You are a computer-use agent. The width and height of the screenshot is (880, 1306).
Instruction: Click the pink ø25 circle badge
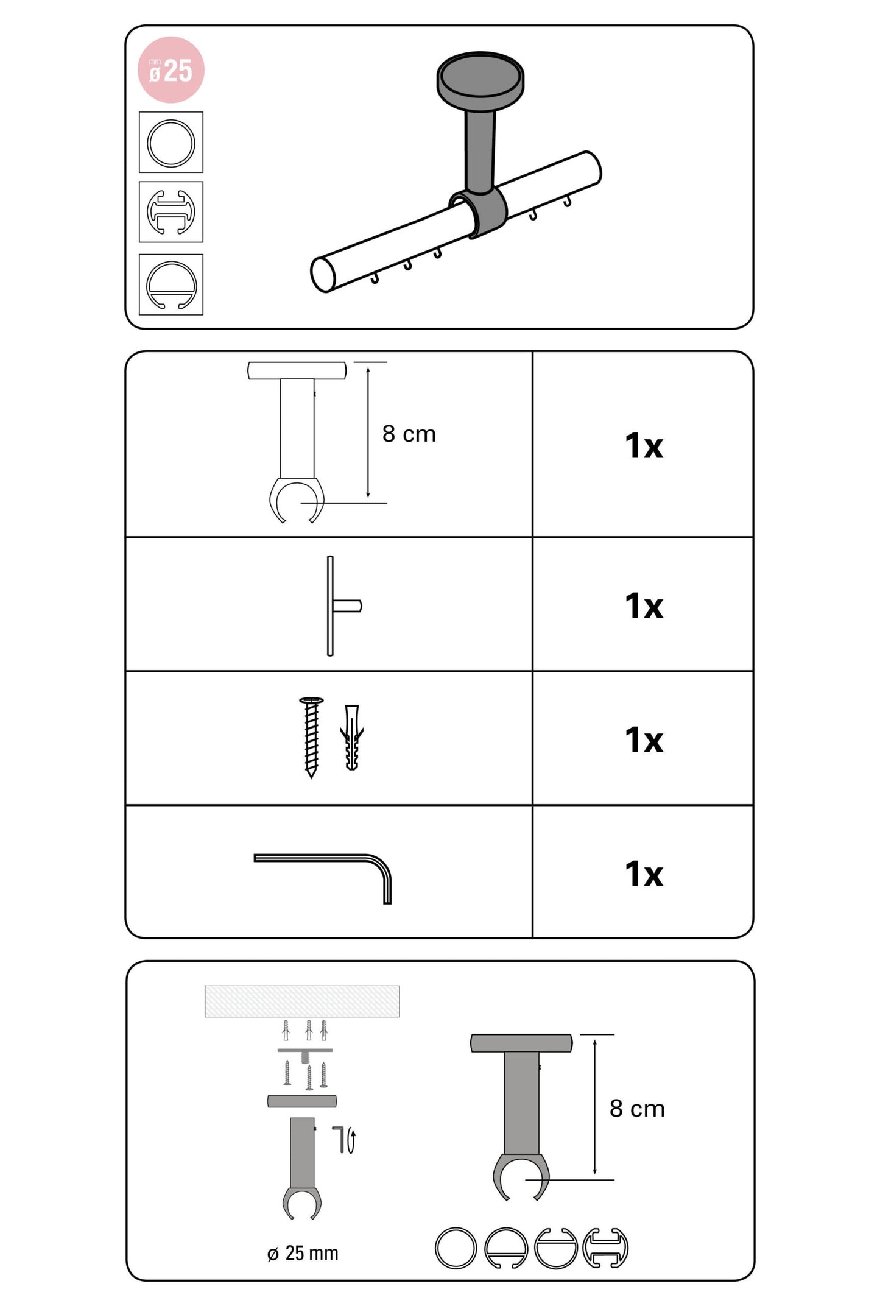171,69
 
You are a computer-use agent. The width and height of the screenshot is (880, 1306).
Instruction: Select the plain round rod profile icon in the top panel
171,143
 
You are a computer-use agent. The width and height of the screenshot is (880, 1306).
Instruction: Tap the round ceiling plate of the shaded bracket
480,79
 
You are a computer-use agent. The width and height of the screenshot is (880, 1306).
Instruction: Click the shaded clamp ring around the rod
478,213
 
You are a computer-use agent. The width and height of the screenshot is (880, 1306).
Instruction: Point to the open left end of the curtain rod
323,274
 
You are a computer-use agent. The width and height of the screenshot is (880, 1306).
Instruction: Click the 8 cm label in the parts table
409,434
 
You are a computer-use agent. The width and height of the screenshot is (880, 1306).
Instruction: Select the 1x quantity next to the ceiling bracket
644,446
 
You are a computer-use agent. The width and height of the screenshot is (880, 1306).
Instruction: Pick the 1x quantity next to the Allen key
644,874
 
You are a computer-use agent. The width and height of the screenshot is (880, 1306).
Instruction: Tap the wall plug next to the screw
352,737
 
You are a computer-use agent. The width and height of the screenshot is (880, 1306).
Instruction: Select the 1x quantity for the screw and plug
644,740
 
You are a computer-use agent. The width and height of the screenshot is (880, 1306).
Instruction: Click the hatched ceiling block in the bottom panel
302,1001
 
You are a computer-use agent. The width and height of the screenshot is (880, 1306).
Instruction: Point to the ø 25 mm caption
303,1253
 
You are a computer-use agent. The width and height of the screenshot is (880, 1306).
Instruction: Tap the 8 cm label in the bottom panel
637,1108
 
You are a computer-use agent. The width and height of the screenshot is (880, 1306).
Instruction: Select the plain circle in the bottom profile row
456,1248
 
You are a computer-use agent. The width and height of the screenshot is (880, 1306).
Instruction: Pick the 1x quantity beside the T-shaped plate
644,606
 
